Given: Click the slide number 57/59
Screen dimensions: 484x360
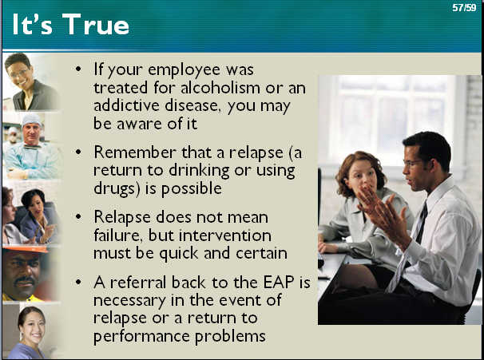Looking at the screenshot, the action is point(464,8).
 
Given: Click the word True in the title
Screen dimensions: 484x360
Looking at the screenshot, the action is point(96,25).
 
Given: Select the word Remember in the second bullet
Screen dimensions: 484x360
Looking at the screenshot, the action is point(135,152).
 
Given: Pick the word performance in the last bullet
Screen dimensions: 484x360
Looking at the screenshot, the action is point(142,337).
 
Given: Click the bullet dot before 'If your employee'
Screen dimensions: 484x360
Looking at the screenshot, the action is point(79,69).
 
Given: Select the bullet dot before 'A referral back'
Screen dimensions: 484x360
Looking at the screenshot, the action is point(79,282).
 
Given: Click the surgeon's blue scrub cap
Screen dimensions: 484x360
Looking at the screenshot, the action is point(31,120).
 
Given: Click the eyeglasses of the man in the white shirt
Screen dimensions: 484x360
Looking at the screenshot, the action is point(414,163).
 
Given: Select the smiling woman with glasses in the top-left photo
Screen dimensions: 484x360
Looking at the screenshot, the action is point(30,82).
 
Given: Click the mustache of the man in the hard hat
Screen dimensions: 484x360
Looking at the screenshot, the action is point(25,280).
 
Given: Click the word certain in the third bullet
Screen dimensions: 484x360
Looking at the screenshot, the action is point(262,254).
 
